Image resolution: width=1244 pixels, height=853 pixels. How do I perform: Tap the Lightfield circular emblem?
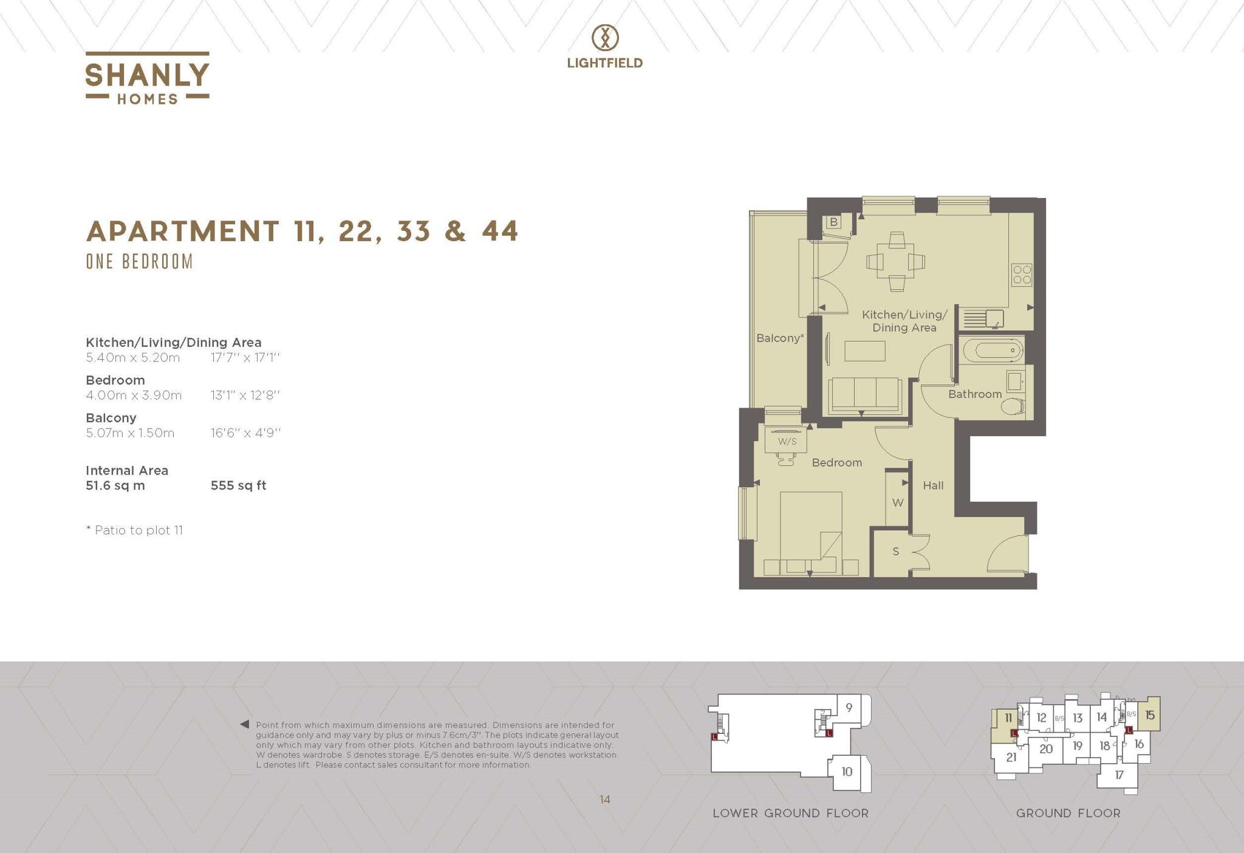coord(605,38)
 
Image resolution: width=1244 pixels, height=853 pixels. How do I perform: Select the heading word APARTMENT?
coord(183,231)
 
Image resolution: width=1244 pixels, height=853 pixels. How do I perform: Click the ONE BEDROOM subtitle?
coord(139,262)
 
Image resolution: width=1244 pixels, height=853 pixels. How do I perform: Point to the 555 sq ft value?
coord(238,485)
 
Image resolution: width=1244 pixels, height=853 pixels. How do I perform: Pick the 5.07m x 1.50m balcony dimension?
coord(130,433)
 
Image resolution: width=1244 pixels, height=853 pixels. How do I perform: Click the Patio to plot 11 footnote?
coord(135,530)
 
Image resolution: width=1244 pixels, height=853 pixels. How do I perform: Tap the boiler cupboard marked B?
coord(833,222)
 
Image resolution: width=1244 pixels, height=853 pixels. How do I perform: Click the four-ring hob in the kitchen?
coord(1022,275)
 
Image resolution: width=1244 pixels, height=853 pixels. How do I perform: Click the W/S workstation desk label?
coord(787,441)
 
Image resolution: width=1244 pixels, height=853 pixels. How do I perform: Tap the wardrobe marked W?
coord(897,502)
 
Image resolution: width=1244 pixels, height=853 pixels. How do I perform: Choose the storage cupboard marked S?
coord(895,552)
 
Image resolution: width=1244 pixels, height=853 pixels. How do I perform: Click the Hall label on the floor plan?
coord(933,485)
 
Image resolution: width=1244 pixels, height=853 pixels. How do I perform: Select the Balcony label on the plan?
coord(780,338)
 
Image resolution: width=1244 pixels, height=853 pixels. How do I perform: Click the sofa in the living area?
coord(866,395)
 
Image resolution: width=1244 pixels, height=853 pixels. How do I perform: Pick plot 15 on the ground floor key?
coord(1149,715)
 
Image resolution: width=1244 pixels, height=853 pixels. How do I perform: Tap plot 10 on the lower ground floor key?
coord(847,772)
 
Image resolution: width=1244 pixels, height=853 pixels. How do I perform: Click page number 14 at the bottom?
coord(604,800)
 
